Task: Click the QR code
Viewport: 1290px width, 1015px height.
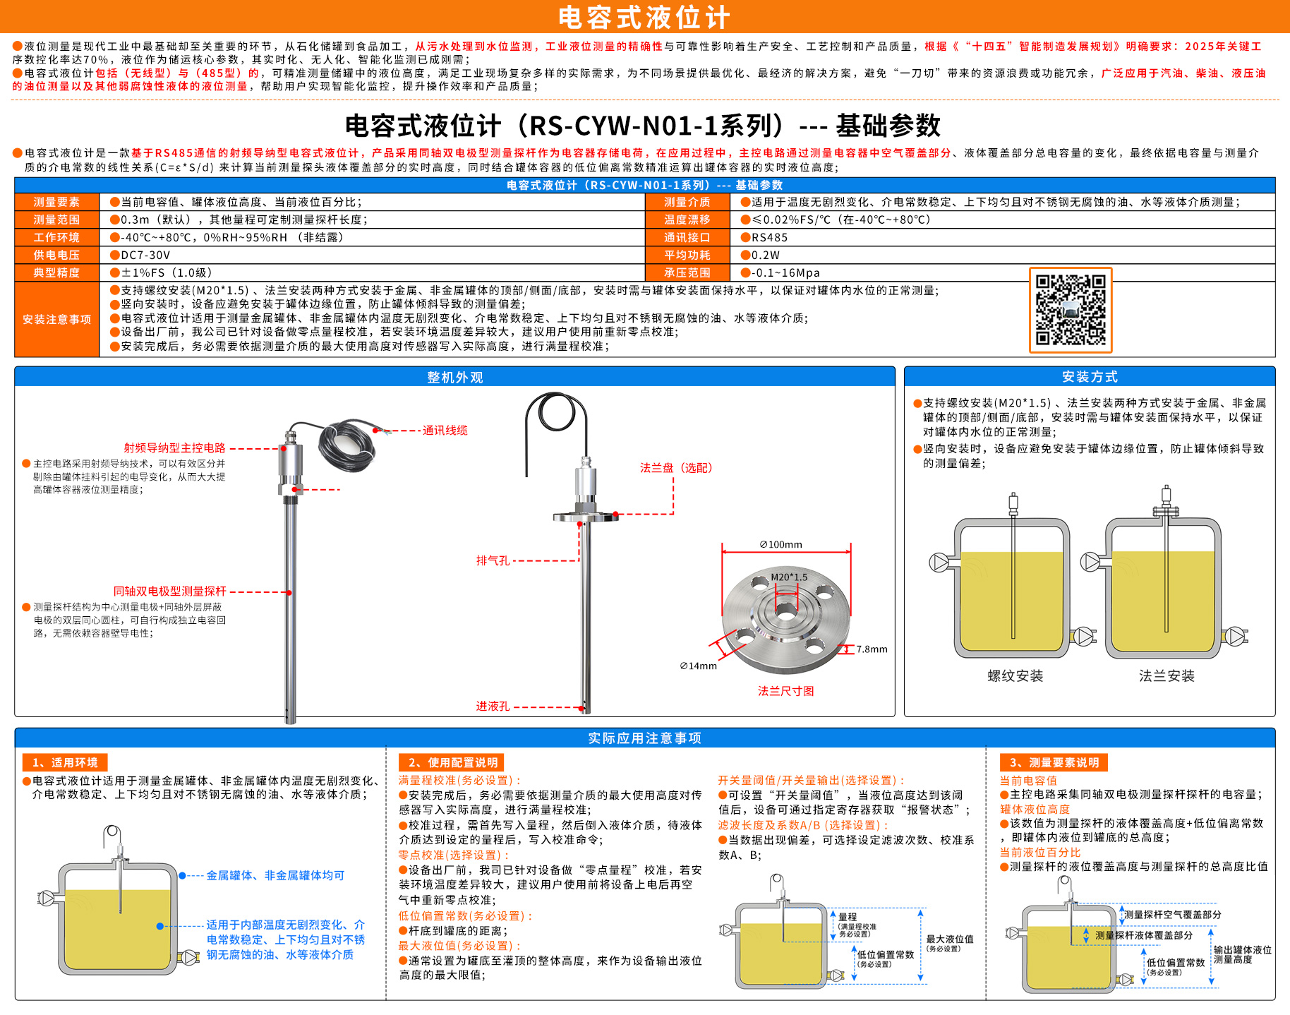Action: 1070,310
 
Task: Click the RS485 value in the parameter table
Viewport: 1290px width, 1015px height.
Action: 769,238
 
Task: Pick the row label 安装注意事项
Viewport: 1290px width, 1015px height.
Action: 56,320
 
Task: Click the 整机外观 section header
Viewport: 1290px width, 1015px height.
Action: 455,378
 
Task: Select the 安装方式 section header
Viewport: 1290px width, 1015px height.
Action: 1090,377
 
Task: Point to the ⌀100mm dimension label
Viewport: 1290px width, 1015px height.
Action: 780,544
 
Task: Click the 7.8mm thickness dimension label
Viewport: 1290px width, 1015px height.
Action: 872,649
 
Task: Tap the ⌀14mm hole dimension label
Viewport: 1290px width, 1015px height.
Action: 699,666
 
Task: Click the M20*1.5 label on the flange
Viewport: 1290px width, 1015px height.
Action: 789,577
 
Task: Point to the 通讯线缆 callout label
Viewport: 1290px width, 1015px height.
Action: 445,431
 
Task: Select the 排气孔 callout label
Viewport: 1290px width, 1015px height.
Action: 493,560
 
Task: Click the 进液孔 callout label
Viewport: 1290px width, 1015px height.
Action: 493,706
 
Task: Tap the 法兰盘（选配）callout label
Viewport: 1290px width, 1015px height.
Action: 676,468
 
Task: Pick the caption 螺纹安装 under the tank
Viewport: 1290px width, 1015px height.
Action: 1015,676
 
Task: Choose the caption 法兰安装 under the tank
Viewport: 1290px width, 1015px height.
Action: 1167,676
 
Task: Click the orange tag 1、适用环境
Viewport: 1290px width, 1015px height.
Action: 65,762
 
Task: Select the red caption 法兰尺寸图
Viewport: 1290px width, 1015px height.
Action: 786,691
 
